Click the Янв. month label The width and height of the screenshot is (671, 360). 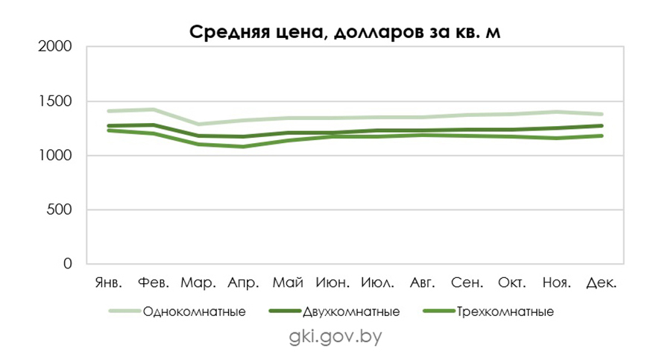click(110, 283)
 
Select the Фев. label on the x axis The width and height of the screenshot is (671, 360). click(154, 283)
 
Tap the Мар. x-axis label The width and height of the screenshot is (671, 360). click(199, 283)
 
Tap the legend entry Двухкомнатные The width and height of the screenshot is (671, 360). click(351, 312)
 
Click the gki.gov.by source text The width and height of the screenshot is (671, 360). click(335, 336)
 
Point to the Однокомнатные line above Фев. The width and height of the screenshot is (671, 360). click(154, 110)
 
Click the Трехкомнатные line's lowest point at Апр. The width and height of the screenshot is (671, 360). click(243, 146)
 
